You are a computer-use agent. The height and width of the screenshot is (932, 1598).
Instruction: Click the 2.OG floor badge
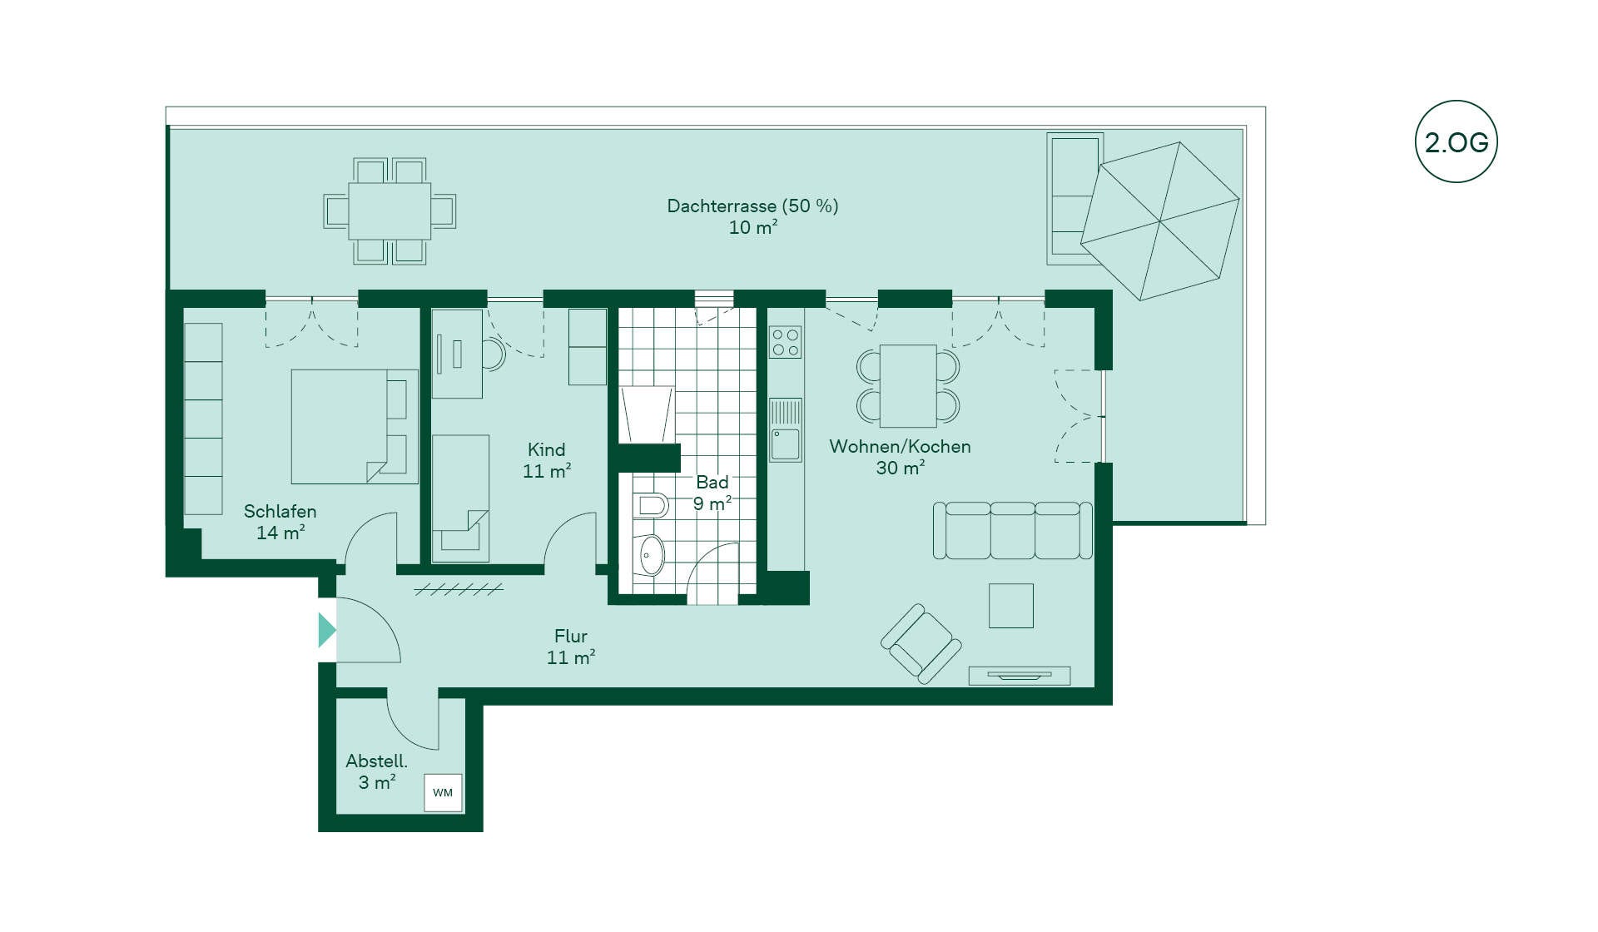pos(1457,141)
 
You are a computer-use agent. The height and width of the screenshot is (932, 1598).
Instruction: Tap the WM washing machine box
pos(443,792)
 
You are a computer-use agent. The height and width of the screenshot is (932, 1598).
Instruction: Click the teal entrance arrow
pos(327,630)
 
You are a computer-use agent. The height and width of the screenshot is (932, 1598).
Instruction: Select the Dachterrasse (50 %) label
pos(752,206)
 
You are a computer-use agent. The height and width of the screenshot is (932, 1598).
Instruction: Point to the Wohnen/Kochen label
pos(900,446)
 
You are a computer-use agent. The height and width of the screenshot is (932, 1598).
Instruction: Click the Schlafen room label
pos(280,511)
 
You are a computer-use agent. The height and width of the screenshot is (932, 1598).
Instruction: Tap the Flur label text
pos(571,636)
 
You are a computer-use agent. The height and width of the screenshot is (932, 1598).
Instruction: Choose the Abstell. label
pos(376,761)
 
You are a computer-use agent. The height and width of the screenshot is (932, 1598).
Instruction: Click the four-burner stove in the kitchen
pos(785,342)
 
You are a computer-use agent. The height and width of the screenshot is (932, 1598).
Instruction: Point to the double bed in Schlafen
pos(355,427)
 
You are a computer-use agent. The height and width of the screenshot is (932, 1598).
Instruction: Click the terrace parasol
pos(1160,221)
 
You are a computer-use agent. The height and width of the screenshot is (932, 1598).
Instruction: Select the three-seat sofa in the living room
pos(1013,530)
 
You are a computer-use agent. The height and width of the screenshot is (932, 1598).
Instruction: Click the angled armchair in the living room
pos(921,644)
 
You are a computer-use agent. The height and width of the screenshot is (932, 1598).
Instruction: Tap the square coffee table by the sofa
pos(1011,605)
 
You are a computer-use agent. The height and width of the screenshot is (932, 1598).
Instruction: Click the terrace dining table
pos(390,211)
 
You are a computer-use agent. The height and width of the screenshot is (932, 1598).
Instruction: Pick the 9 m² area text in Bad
pos(712,503)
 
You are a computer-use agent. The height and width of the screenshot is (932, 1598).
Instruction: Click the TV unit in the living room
pos(1020,676)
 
